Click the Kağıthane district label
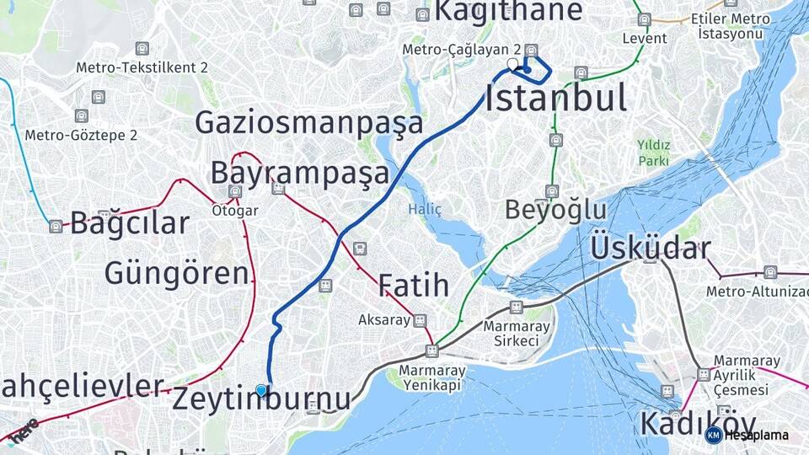[x=508, y=11]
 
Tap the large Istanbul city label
[x=555, y=99]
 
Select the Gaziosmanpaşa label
[x=309, y=123]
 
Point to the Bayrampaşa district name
[x=300, y=174]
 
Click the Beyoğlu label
[x=555, y=210]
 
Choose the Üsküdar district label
[x=650, y=248]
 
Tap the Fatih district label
[x=413, y=286]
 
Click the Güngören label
[x=177, y=273]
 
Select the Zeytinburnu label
[x=261, y=399]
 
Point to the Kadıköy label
[x=695, y=423]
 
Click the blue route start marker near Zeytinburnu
[x=261, y=390]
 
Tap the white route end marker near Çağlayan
[x=513, y=64]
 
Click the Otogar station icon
[x=235, y=192]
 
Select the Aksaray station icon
[x=420, y=320]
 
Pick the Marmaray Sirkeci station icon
[x=516, y=308]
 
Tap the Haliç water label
[x=425, y=209]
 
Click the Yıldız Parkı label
[x=653, y=153]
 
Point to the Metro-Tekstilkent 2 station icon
[x=142, y=49]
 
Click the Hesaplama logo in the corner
[x=747, y=435]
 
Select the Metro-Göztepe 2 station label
[x=81, y=135]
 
